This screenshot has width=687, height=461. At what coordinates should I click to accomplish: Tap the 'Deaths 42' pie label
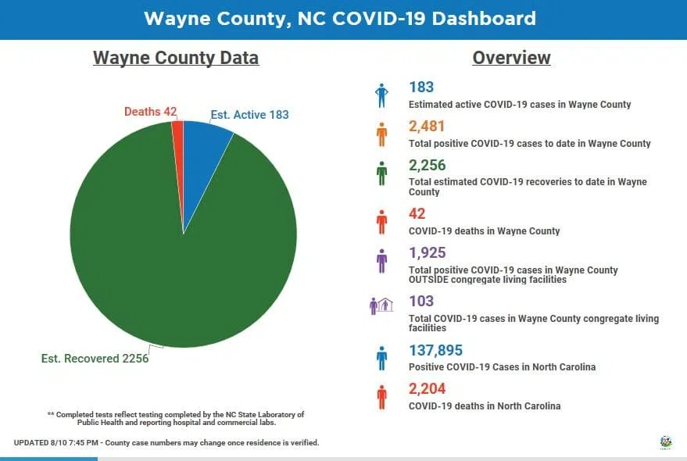pos(150,112)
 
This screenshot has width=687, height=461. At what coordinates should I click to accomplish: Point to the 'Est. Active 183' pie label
pos(249,115)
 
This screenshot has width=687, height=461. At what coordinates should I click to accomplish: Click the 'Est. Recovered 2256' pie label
pos(95,359)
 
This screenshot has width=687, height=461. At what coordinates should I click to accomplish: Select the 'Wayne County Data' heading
pos(176,58)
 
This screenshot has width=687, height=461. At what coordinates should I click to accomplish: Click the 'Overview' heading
pos(511,58)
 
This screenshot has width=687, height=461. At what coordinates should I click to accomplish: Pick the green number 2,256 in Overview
pos(428,165)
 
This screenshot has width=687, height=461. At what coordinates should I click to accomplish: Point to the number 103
pos(420,301)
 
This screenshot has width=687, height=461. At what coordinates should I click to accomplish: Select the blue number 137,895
pos(442,350)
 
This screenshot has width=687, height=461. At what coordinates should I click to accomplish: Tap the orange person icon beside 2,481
pos(381,134)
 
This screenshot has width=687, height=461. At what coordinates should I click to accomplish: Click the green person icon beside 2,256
pos(381,173)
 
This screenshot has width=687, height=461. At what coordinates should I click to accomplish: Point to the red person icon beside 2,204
pos(381,397)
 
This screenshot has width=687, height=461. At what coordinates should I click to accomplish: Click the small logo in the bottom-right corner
pos(666,442)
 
